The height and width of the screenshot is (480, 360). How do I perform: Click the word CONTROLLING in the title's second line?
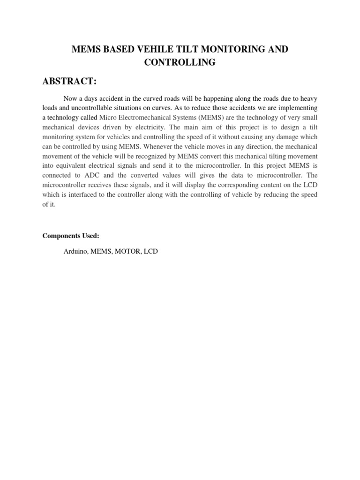(x=180, y=62)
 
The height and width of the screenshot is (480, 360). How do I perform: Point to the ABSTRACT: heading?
(x=69, y=82)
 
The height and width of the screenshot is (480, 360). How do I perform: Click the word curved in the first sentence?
(x=145, y=98)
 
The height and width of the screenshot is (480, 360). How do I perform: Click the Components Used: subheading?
(x=71, y=236)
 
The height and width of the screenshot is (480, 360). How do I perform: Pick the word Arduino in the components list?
(x=75, y=252)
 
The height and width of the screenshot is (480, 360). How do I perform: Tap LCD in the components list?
(x=151, y=252)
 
